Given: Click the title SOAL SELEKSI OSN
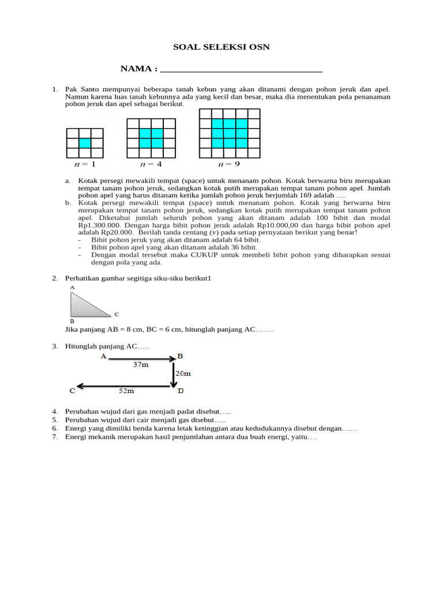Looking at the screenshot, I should click(222, 47).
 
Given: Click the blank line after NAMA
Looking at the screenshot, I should click(241, 70).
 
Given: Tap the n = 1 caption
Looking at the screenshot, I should click(84, 164).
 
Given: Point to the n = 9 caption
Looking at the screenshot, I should click(229, 164).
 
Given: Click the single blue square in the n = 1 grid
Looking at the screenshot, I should click(85, 143).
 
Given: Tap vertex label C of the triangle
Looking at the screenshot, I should click(117, 315).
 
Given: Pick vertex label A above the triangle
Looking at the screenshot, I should click(72, 287).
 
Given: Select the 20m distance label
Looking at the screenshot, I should click(183, 373).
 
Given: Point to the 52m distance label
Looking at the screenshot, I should click(126, 391).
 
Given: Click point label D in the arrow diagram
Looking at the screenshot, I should click(181, 391).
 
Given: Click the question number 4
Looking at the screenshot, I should click(54, 411).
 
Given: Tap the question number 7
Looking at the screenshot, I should click(54, 437).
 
